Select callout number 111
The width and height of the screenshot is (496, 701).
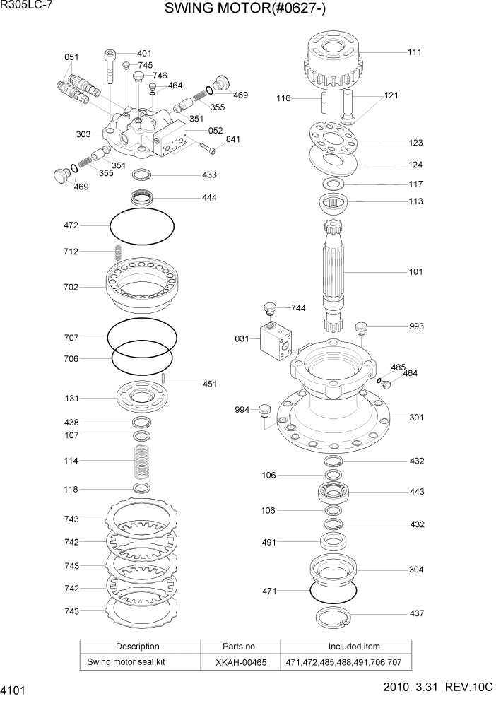[415, 52]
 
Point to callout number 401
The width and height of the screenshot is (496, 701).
[144, 53]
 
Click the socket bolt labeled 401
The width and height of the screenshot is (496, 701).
[110, 67]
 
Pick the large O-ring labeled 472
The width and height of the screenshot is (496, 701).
[142, 226]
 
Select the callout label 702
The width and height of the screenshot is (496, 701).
[71, 288]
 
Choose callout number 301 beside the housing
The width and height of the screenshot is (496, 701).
[416, 418]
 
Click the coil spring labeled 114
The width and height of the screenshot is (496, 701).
[141, 461]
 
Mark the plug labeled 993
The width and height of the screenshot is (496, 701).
[360, 326]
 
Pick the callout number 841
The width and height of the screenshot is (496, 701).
[232, 139]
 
